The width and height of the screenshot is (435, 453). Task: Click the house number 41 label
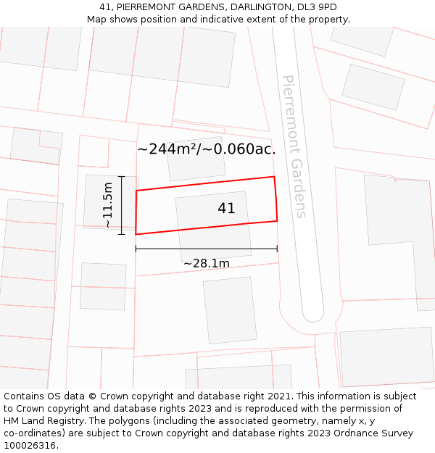226,209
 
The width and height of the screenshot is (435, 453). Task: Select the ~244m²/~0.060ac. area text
207,149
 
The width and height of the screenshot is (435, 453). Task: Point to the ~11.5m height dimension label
108,205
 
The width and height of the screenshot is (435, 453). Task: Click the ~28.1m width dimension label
206,264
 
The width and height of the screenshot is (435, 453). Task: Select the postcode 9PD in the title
327,7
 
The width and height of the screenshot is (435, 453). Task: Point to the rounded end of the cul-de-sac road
312,313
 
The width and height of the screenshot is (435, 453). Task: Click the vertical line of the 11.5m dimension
122,205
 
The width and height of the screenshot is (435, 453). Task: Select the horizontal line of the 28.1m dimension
206,249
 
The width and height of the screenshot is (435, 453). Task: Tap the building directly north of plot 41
196,158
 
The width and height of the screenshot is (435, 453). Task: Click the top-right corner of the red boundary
274,177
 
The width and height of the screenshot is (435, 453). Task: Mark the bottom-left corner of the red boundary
136,234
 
